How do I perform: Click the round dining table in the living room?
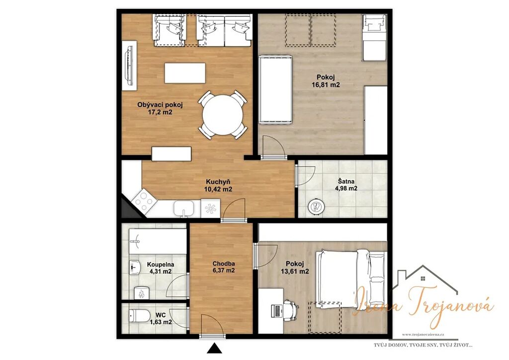click(222, 114)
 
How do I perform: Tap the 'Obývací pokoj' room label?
click(160, 105)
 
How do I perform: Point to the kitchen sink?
click(184, 209)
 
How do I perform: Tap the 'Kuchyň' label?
click(218, 182)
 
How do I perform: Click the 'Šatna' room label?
click(346, 181)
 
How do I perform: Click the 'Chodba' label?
click(224, 264)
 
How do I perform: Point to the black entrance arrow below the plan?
click(214, 348)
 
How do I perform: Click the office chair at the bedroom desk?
click(290, 310)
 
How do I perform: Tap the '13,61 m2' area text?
click(295, 271)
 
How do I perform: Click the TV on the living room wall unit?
click(130, 65)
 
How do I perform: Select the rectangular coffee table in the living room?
click(185, 73)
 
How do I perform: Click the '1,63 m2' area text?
click(161, 322)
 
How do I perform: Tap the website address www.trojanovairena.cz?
click(423, 334)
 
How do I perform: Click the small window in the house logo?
click(423, 278)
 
